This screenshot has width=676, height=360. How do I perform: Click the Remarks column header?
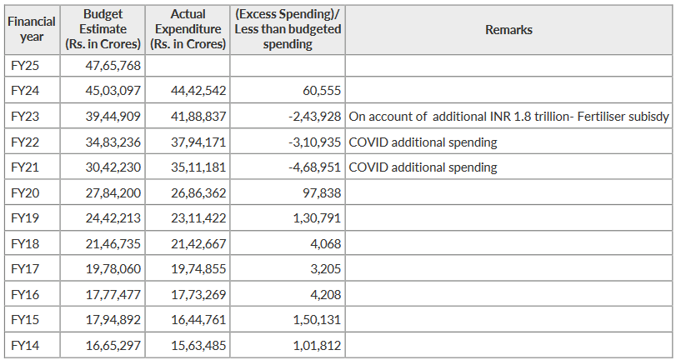click(x=508, y=30)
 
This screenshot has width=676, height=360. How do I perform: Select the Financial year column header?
click(x=32, y=30)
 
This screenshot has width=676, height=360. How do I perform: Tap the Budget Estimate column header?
click(x=104, y=30)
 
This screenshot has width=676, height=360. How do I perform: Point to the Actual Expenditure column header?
click(x=188, y=30)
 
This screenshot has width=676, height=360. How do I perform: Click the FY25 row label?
click(x=25, y=65)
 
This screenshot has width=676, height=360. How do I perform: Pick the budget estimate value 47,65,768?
click(x=113, y=65)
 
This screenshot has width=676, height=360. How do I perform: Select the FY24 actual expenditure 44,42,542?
click(x=198, y=90)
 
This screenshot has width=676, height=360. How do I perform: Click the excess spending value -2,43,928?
click(x=312, y=117)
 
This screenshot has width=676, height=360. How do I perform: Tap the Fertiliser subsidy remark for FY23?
click(x=508, y=117)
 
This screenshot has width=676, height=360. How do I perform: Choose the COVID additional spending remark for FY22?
click(x=423, y=142)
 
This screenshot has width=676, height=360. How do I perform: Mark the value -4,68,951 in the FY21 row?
click(x=312, y=167)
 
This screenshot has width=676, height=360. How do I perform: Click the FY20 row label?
click(x=25, y=193)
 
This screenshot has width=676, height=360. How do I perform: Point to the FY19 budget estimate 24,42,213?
click(x=113, y=219)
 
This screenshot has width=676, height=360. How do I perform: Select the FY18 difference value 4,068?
click(x=324, y=245)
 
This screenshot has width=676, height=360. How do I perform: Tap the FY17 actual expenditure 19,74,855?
click(x=198, y=270)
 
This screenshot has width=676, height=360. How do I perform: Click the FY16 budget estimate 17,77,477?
click(x=113, y=296)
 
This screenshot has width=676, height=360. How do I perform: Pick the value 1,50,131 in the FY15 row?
click(x=318, y=321)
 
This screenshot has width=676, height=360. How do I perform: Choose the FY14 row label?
click(x=25, y=347)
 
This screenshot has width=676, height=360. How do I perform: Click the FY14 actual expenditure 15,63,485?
click(x=198, y=347)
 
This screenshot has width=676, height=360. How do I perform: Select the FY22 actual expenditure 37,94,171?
click(x=198, y=142)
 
